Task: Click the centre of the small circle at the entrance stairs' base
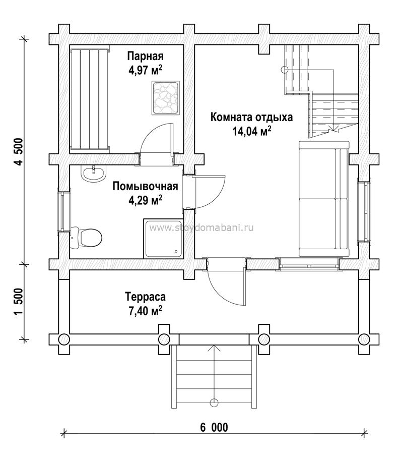[x=214, y=403]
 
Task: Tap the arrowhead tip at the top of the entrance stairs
[x=214, y=345]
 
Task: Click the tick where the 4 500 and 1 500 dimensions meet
[x=24, y=264]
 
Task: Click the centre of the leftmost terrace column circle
[x=64, y=339]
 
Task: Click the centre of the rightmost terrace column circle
[x=364, y=339]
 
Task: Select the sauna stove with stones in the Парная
[x=166, y=97]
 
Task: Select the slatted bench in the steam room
[x=90, y=100]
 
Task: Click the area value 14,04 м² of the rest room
[x=252, y=132]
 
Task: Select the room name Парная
[x=146, y=56]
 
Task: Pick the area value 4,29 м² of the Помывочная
[x=146, y=200]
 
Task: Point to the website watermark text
[x=201, y=227]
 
